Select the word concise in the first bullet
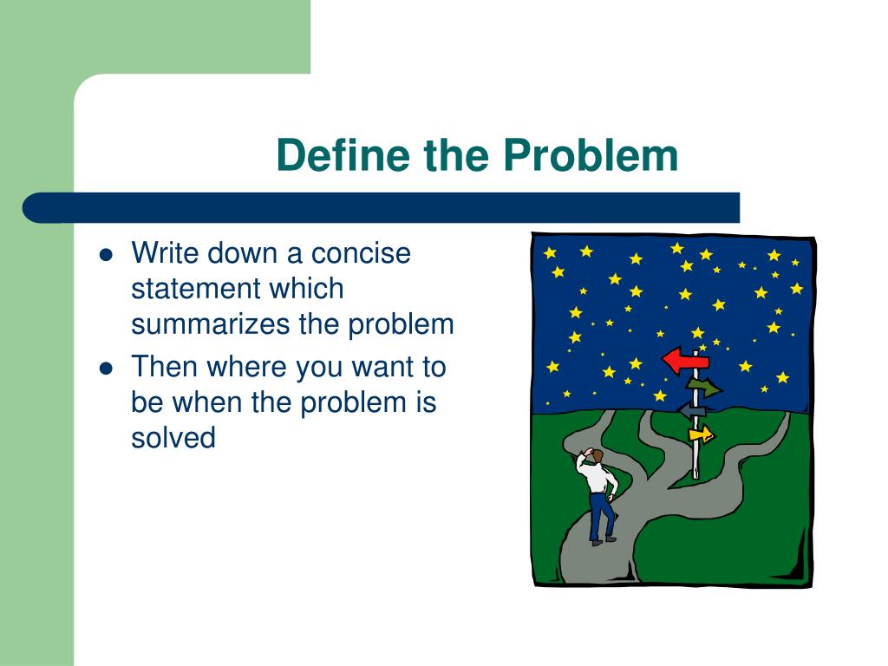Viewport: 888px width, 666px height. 361,253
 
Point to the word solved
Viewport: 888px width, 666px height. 173,437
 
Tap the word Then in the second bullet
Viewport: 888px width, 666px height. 163,367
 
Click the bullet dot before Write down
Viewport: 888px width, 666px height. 106,255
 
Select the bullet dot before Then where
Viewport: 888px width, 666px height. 106,369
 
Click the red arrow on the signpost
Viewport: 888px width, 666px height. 685,361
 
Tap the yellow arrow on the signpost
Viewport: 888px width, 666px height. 701,434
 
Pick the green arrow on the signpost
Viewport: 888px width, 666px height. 704,388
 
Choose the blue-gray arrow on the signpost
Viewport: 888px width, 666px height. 691,410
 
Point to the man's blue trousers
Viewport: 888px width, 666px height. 602,515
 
